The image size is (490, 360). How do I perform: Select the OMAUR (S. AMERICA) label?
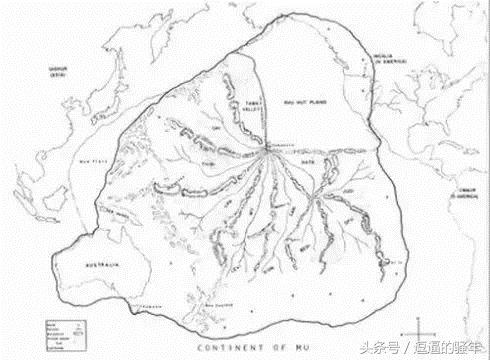coord(463,196)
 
